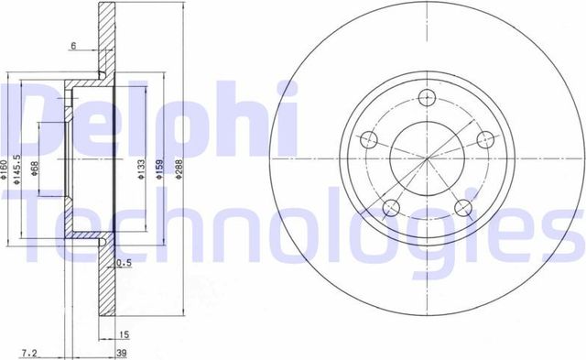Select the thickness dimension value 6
(71, 45)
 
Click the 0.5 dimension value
(125, 264)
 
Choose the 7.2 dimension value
(29, 350)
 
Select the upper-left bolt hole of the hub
(370, 140)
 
